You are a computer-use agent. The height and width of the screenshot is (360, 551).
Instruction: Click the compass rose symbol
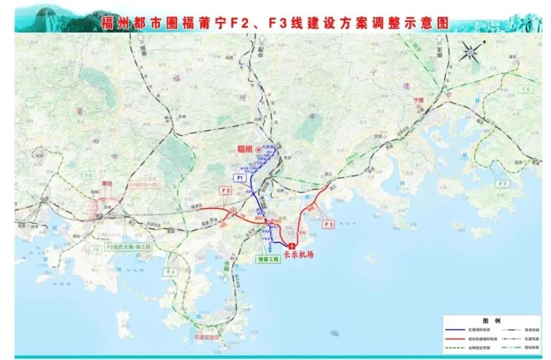[x=472, y=52]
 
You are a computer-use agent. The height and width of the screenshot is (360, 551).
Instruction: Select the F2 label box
[x=226, y=190]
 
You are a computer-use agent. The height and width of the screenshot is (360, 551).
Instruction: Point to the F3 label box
[x=329, y=223]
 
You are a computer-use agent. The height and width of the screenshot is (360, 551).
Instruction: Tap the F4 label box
[x=170, y=272]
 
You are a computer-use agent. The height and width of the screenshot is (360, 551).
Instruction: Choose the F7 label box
[x=503, y=183]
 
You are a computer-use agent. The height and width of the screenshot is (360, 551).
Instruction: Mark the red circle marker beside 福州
[x=259, y=149]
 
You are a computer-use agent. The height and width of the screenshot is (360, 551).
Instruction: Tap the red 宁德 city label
[x=419, y=100]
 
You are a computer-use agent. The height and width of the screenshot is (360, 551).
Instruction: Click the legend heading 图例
[x=491, y=320]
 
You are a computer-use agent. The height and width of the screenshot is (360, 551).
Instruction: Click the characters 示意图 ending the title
[x=429, y=23]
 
